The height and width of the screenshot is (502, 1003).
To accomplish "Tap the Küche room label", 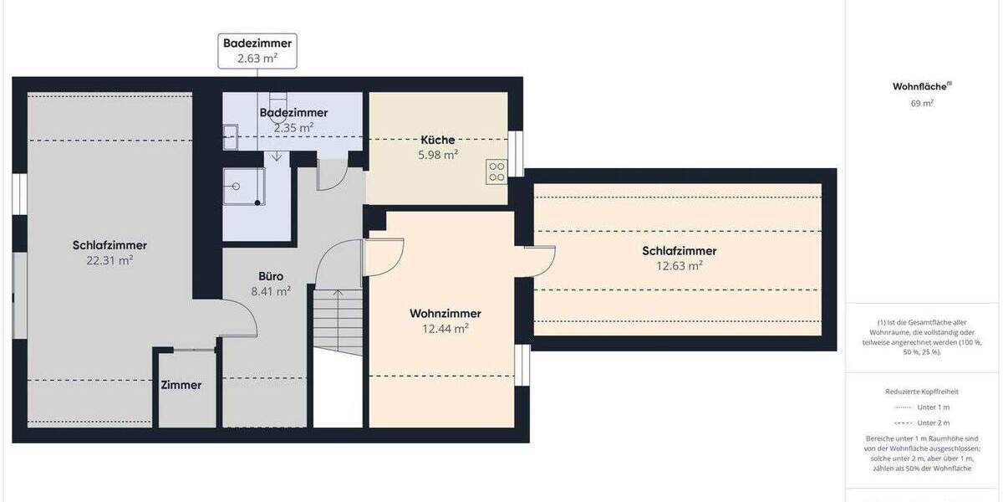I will point(438,140).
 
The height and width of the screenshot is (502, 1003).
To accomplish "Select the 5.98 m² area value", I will point(438,155).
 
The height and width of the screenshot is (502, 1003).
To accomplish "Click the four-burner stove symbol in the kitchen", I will point(496,172).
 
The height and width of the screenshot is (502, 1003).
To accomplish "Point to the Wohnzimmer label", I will point(445,314).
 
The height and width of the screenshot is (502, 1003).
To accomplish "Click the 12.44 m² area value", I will point(445,329).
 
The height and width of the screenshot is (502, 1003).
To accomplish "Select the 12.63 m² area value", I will point(679,266).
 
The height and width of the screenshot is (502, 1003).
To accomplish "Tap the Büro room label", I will point(270,276).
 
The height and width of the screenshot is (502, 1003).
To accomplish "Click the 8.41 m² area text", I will point(270,292).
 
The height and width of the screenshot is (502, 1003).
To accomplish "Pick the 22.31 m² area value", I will point(109,260).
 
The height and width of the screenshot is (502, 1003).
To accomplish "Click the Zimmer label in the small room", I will point(181,386).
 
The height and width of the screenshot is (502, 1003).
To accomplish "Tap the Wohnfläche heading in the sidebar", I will point(921,86).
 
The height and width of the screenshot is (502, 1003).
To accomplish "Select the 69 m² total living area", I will point(921,104).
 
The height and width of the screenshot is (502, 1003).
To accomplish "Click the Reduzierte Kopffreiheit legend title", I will point(921,391).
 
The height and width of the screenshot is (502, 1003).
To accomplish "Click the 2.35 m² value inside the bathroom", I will point(293,128).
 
